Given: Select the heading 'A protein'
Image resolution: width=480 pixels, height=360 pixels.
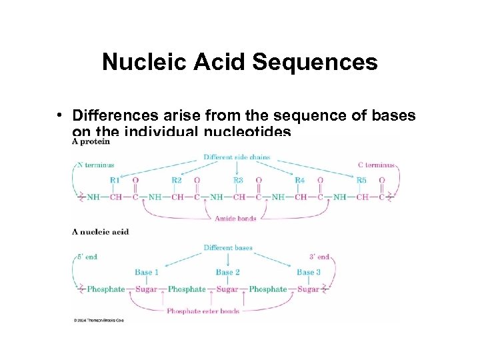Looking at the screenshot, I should [91, 141].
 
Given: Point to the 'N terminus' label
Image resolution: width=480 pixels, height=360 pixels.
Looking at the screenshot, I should [96, 165].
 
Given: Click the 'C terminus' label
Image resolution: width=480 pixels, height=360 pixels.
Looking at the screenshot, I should [376, 165].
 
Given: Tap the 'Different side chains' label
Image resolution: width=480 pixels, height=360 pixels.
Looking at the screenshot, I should [237, 157].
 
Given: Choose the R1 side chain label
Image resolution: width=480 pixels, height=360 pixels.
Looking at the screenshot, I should [115, 180].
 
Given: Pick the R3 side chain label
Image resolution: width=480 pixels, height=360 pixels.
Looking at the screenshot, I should [238, 180].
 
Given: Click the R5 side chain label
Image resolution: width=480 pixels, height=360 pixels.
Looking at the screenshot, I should [361, 180].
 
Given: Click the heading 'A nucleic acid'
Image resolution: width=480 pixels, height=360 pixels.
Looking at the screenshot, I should [100, 232].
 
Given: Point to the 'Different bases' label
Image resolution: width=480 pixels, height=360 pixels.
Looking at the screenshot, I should [228, 248].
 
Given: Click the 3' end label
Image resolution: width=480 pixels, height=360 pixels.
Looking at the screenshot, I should [318, 256].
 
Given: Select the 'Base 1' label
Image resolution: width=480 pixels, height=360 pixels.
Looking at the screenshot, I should [147, 272].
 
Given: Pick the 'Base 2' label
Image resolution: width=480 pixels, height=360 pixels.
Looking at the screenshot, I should [227, 272].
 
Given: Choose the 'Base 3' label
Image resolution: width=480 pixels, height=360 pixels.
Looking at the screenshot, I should [309, 272].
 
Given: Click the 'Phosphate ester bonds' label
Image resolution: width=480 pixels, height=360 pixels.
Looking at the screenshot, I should [202, 311].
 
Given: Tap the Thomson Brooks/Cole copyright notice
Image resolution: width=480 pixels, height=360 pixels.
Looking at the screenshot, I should [99, 321].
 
